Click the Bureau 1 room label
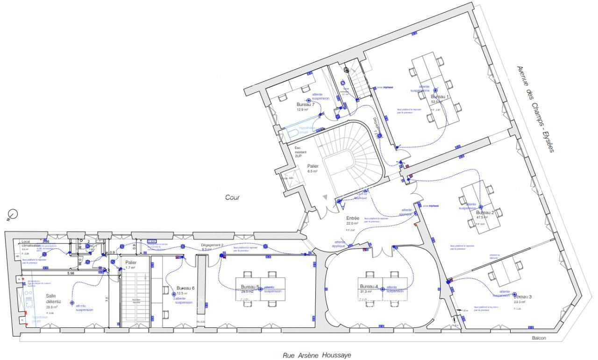coord(440,97)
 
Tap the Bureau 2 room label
coord(482,212)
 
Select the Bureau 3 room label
coord(522,297)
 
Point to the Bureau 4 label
coord(368,286)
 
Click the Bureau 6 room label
coord(185,288)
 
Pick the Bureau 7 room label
coord(306,105)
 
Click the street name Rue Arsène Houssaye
coord(316,355)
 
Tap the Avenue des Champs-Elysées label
coord(534,109)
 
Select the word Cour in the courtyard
coord(232,198)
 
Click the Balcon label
coord(538,339)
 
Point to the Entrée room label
coord(352,218)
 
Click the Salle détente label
coord(52,298)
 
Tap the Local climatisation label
coord(31,244)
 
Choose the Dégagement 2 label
coord(212,245)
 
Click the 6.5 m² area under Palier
coord(313,171)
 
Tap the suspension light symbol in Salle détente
coord(72,303)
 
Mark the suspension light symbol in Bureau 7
coord(308,100)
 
